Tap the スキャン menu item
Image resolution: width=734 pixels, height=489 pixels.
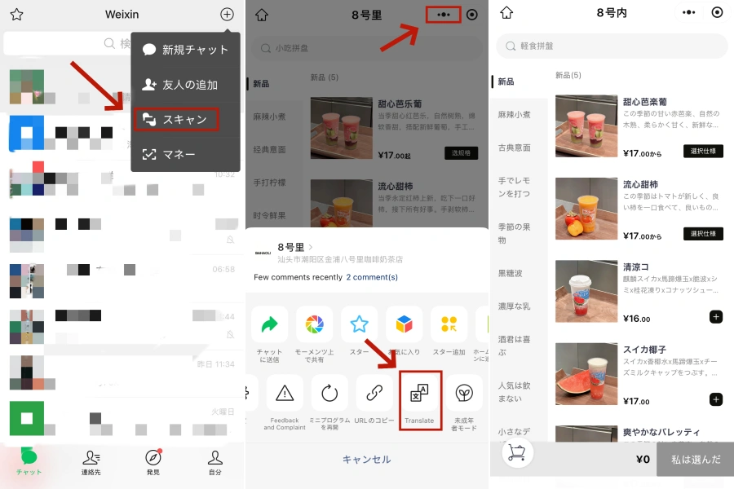click(x=177, y=119)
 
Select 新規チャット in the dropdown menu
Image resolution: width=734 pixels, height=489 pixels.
click(x=185, y=50)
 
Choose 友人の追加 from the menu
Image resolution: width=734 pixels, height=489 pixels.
click(x=180, y=85)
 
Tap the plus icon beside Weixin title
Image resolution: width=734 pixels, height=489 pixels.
click(x=227, y=14)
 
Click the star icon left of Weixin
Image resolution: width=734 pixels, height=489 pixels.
click(x=16, y=15)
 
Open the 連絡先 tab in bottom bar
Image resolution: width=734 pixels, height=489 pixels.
click(x=91, y=461)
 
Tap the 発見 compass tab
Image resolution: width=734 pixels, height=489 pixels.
click(x=153, y=461)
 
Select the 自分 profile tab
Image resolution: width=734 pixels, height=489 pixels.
click(x=215, y=461)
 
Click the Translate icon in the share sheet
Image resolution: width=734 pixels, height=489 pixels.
click(x=420, y=399)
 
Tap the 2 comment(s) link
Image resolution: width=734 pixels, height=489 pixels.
click(x=372, y=277)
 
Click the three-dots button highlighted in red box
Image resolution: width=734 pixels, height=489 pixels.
click(x=443, y=15)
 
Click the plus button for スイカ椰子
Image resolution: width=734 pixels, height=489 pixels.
click(x=715, y=399)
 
